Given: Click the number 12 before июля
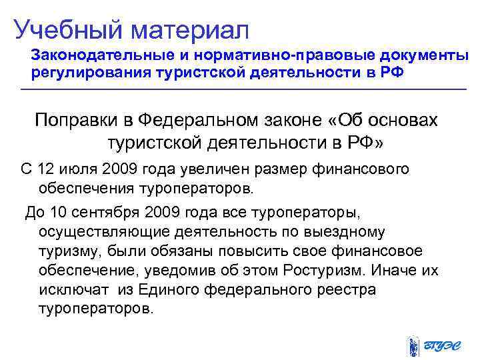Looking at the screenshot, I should [x=47, y=169].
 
